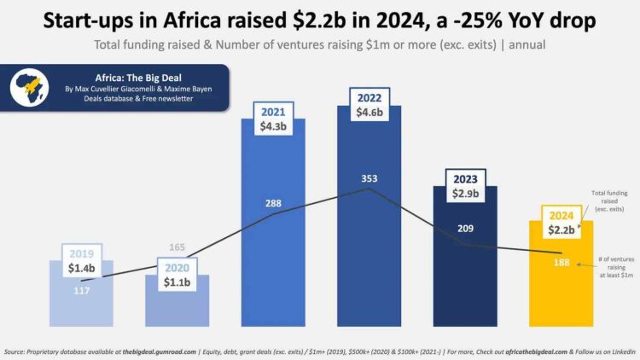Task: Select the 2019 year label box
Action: coord(82,253)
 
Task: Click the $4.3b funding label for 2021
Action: coord(274,126)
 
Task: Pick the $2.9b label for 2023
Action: coord(465,194)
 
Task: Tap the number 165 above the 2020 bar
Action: coord(177,247)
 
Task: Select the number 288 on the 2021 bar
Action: coord(273,204)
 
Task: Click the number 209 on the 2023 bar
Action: coord(465,229)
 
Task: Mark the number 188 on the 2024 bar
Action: coord(560,264)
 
